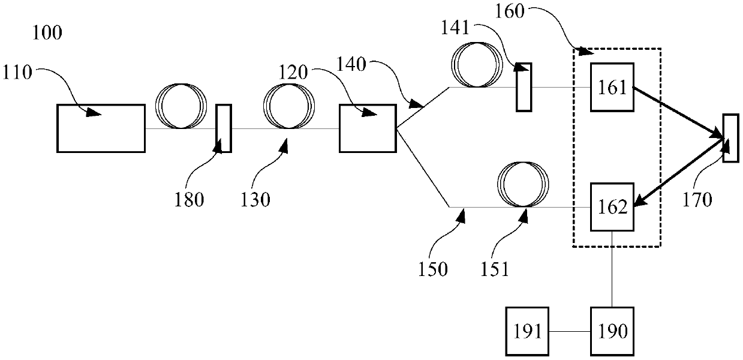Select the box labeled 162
(x=612, y=208)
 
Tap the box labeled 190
(x=612, y=331)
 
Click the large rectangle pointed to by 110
(x=101, y=128)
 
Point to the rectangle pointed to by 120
(x=367, y=128)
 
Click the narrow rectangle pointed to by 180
(x=223, y=128)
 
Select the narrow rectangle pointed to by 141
(x=524, y=87)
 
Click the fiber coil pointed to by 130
(x=289, y=106)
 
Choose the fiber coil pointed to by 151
(x=524, y=184)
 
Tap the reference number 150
(x=433, y=269)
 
